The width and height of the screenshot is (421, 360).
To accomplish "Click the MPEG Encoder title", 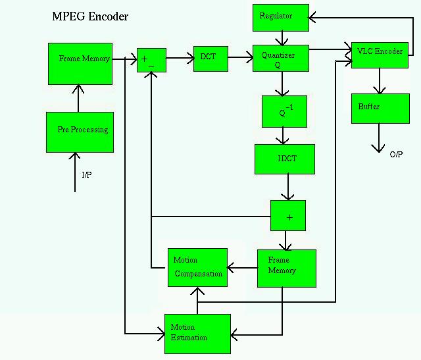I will pos(90,16).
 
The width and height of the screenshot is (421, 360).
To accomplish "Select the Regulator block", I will pos(281,17).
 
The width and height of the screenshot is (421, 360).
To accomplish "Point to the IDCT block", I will pos(285,159).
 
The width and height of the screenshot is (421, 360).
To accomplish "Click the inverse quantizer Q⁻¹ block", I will pos(284,111).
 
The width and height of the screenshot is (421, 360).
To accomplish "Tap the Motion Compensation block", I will pos(197,267).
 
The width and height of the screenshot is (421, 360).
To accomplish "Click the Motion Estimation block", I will pos(197,334).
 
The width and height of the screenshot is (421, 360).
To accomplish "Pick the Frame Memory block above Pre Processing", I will pos(80,63).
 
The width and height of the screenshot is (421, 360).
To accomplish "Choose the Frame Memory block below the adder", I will pos(286,268).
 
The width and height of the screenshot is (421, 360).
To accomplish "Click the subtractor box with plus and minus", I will pos(151,60).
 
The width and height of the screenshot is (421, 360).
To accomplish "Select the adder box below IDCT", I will pos(288,215).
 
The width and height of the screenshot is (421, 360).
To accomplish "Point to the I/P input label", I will pos(87,175).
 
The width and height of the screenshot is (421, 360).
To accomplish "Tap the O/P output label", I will pos(396,155).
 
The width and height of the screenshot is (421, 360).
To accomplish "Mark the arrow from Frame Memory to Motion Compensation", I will pos(242,268).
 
